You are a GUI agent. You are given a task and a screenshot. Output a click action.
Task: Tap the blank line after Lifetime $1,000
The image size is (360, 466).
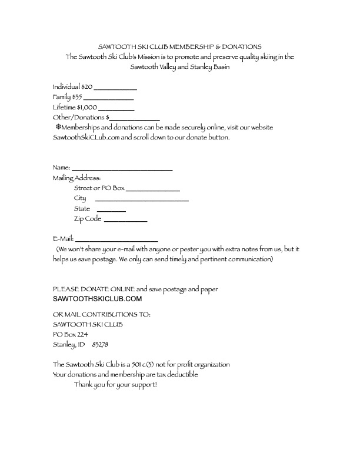tap(116, 109)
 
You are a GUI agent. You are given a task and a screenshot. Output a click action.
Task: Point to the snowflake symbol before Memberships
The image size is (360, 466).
tap(58, 127)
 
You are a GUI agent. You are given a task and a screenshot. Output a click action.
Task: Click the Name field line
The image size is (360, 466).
tap(122, 169)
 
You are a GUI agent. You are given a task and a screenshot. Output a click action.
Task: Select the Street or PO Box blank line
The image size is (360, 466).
tap(153, 190)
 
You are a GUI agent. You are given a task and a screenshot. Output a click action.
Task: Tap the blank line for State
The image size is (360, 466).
tap(111, 211)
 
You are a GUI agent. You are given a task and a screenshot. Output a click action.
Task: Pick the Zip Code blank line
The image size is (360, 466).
tap(125, 221)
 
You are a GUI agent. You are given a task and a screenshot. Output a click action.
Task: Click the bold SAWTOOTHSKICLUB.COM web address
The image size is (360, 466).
tap(97, 299)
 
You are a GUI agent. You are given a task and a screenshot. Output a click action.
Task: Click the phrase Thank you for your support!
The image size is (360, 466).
tap(116, 384)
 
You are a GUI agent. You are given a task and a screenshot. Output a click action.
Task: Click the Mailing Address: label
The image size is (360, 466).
tap(77, 178)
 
